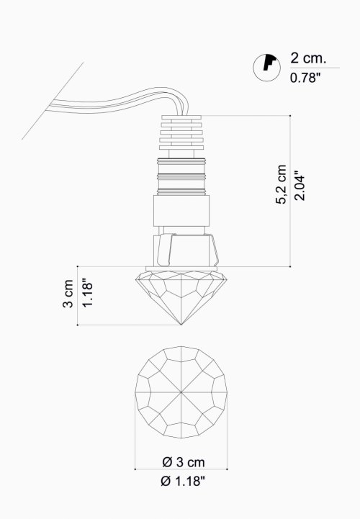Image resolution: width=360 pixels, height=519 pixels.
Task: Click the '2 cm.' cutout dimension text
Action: pyautogui.click(x=308, y=58)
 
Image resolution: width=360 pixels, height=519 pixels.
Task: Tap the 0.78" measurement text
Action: pyautogui.click(x=305, y=78)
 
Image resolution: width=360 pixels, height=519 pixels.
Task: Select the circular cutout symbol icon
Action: pyautogui.click(x=266, y=67)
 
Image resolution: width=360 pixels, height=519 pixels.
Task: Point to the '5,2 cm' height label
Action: pyautogui.click(x=282, y=184)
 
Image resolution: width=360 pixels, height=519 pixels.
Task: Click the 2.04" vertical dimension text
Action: pyautogui.click(x=300, y=186)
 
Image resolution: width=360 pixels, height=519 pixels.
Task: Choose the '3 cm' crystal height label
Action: pyautogui.click(x=68, y=294)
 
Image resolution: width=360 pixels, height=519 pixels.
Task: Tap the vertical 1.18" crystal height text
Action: pyautogui.click(x=87, y=294)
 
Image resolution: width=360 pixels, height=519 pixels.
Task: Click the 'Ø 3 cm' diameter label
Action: pyautogui.click(x=184, y=462)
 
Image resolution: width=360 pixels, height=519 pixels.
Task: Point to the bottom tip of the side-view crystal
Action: pyautogui.click(x=181, y=325)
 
